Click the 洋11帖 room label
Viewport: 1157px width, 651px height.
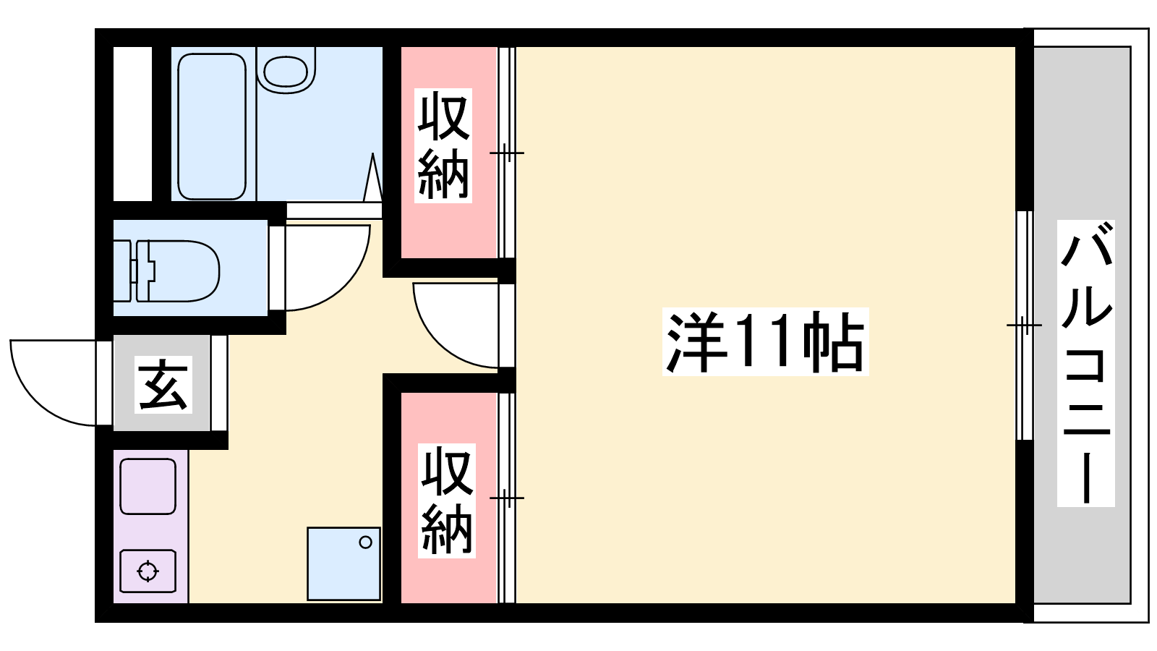[765, 341]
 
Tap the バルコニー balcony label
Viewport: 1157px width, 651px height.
[1085, 362]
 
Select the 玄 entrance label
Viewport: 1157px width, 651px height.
[163, 384]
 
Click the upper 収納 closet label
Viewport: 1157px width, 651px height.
[443, 145]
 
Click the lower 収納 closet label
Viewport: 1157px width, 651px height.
[447, 501]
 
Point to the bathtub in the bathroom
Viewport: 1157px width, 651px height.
[212, 126]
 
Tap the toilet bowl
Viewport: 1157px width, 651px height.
[184, 271]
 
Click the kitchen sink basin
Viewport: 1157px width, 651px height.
[148, 486]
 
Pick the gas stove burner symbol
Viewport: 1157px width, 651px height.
[148, 571]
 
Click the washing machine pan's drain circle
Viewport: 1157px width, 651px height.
[366, 542]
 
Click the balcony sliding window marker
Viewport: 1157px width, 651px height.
[1025, 325]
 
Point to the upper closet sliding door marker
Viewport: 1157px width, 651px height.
[507, 153]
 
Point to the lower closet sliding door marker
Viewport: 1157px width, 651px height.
[507, 498]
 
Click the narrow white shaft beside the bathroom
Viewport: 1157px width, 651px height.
[133, 124]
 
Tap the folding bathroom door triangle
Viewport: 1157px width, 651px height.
[372, 177]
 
